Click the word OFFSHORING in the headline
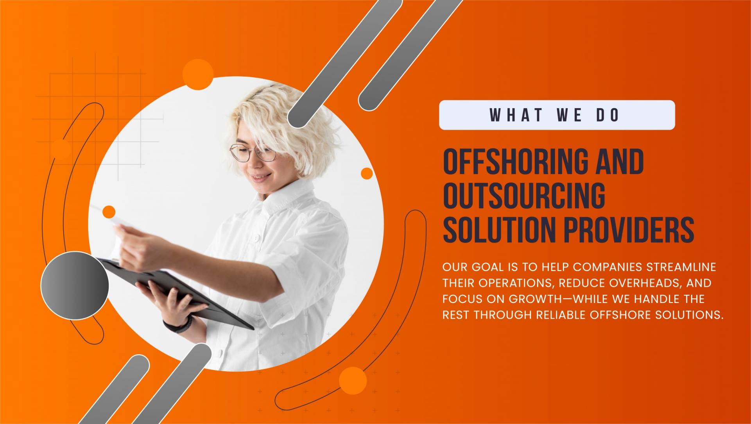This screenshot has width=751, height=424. pos(515,161)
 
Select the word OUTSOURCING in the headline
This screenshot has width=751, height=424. pos(524,195)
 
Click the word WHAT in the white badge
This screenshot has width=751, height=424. pos(516,115)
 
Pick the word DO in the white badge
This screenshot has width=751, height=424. pos(608,115)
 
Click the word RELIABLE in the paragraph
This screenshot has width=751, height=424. pos(561,315)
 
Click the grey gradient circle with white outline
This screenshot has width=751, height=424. pos(75,286)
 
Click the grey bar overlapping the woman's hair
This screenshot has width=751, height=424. pos(344,64)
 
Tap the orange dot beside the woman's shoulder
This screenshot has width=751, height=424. pos(367,173)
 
